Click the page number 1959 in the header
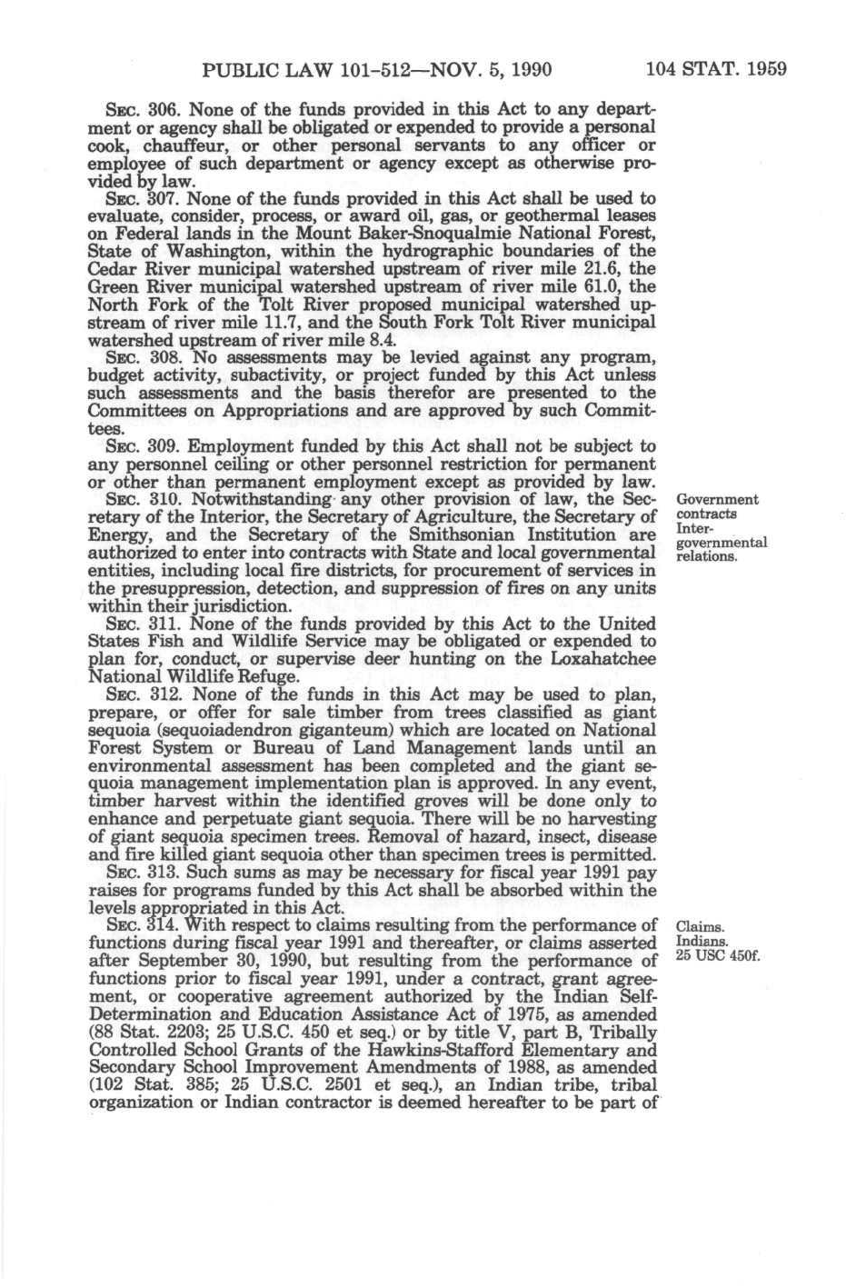pyautogui.click(x=761, y=69)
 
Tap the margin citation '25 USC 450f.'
pyautogui.click(x=718, y=956)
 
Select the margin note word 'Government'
pyautogui.click(x=718, y=499)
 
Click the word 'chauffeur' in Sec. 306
pyautogui.click(x=169, y=145)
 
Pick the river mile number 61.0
pyautogui.click(x=585, y=287)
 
